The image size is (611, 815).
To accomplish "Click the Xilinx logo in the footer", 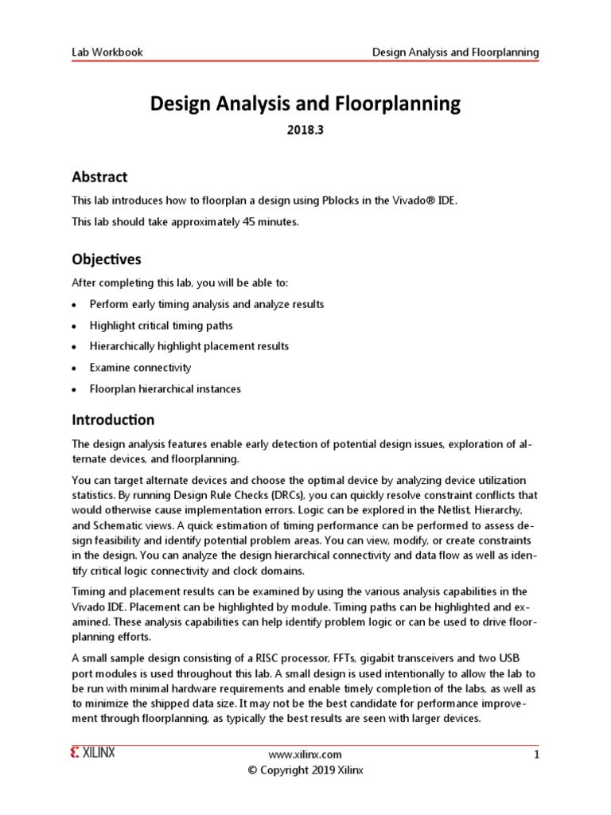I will tap(92, 754).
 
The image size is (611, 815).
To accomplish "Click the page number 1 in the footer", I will tap(536, 755).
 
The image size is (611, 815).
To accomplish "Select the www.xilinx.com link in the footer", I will tap(306, 755).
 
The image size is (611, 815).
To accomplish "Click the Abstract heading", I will tap(99, 177).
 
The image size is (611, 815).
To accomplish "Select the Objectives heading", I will tap(107, 259).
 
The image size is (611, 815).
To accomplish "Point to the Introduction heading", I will tap(113, 419).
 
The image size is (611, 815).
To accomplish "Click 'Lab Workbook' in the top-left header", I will tap(107, 53).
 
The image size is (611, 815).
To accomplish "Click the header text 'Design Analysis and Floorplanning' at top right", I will tap(456, 53).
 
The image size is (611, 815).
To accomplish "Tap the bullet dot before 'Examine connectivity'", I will tap(74, 369).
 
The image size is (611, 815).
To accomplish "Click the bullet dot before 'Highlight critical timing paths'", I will tap(74, 326).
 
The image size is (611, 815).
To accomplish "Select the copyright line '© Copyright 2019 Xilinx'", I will tap(306, 770).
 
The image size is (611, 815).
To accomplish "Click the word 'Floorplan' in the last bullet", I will tap(115, 389).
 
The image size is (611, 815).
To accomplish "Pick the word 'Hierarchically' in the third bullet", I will tap(126, 347).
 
